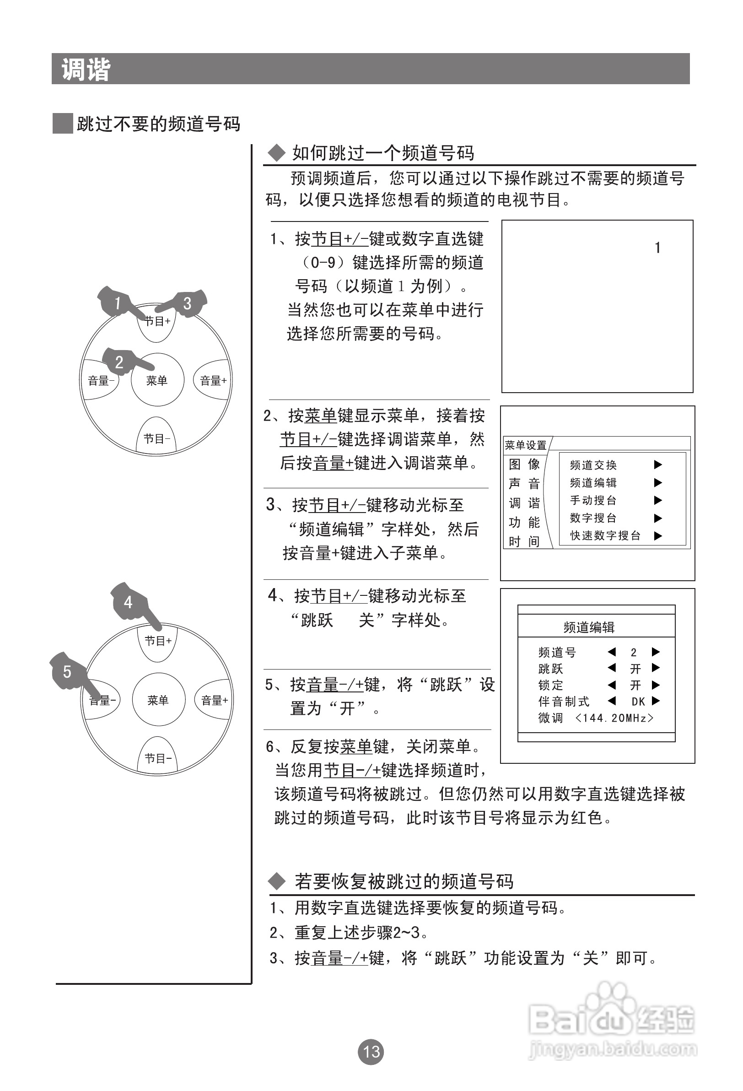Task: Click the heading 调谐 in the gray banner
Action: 86,70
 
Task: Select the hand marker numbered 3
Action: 188,303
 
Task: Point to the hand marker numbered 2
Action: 120,362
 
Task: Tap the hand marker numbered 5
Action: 68,672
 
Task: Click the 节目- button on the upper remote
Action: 156,439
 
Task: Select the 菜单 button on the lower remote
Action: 158,701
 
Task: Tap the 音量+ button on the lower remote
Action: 215,701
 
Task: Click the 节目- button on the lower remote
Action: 158,758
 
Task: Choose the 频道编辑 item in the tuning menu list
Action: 593,483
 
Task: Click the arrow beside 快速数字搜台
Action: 658,535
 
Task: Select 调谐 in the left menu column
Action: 524,503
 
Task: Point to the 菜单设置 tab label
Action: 526,445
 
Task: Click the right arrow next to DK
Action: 656,701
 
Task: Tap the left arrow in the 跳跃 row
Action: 612,668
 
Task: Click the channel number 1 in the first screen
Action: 657,248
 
